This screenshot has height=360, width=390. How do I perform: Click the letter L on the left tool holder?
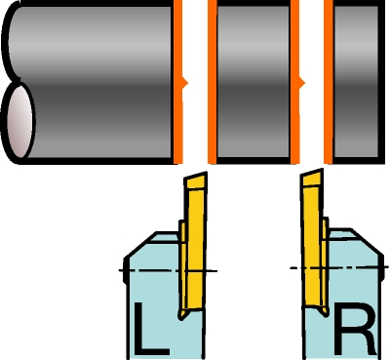[150, 329]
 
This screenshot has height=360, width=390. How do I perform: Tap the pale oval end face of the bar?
[20, 122]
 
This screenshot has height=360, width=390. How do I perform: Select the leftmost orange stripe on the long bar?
[177, 81]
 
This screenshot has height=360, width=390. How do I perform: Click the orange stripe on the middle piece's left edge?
[213, 81]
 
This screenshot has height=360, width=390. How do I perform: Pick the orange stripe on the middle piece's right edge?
[295, 81]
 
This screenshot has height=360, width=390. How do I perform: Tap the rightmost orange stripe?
[329, 81]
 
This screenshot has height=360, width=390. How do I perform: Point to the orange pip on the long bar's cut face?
[185, 84]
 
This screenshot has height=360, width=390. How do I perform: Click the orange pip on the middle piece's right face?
[302, 84]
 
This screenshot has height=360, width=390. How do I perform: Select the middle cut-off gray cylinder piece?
[253, 81]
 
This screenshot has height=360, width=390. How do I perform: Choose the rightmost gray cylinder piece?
[356, 81]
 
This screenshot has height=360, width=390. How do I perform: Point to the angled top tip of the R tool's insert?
[312, 179]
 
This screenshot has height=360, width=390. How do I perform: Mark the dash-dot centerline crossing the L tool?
[168, 270]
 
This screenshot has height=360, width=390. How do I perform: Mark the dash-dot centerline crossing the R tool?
[339, 267]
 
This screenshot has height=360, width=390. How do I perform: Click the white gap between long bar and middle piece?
[195, 81]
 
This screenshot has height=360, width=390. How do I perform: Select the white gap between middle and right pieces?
[312, 81]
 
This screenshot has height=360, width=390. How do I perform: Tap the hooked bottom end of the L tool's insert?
[182, 314]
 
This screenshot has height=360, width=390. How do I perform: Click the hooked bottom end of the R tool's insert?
[324, 311]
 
